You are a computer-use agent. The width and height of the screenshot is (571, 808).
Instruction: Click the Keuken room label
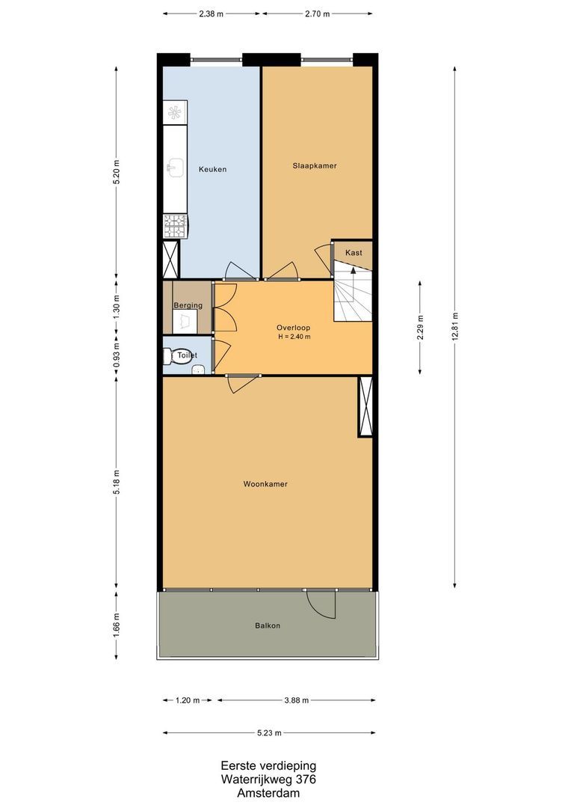pyautogui.click(x=213, y=169)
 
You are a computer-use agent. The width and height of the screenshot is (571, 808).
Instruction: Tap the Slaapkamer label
pyautogui.click(x=315, y=165)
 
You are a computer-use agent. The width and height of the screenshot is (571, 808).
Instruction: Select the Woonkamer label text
pyautogui.click(x=265, y=484)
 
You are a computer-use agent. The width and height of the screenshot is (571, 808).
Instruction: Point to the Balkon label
pyautogui.click(x=268, y=625)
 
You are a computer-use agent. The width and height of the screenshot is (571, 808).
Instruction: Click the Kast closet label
pyautogui.click(x=354, y=253)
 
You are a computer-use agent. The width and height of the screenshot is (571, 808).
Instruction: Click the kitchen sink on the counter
pyautogui.click(x=176, y=166)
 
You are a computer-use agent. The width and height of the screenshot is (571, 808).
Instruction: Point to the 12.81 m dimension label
pyautogui.click(x=454, y=328)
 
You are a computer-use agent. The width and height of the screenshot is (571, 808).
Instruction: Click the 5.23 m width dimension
pyautogui.click(x=269, y=732)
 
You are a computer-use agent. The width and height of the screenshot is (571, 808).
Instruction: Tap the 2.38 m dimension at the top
pyautogui.click(x=212, y=14)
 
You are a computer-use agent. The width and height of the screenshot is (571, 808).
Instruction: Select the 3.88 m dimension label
pyautogui.click(x=297, y=700)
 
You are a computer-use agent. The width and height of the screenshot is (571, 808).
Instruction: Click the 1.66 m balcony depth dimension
pyautogui.click(x=117, y=625)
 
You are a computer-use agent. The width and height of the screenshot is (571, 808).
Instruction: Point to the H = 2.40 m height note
pyautogui.click(x=294, y=337)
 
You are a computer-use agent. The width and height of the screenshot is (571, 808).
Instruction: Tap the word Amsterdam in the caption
pyautogui.click(x=268, y=793)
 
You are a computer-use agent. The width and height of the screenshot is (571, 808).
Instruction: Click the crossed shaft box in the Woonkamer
pyautogui.click(x=365, y=407)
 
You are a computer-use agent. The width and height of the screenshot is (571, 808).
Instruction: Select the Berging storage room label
pyautogui.click(x=188, y=305)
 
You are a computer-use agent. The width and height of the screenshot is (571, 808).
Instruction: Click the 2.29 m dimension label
pyautogui.click(x=420, y=328)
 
